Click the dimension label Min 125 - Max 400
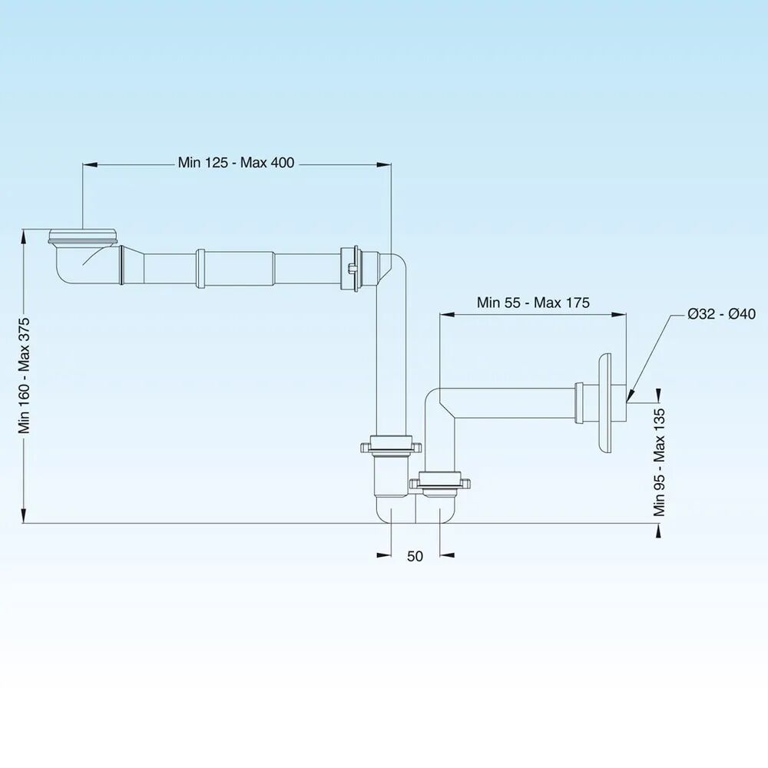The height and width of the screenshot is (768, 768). [236, 163]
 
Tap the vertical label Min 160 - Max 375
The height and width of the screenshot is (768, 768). [24, 376]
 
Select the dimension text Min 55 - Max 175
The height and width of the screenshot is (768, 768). [533, 303]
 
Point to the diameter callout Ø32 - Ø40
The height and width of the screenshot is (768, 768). [721, 314]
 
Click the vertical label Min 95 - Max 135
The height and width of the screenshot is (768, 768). [659, 462]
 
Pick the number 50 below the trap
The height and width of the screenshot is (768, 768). [415, 556]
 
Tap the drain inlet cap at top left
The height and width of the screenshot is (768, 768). [83, 236]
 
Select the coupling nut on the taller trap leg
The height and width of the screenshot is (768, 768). [391, 445]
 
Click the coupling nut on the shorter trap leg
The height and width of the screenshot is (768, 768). [440, 482]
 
